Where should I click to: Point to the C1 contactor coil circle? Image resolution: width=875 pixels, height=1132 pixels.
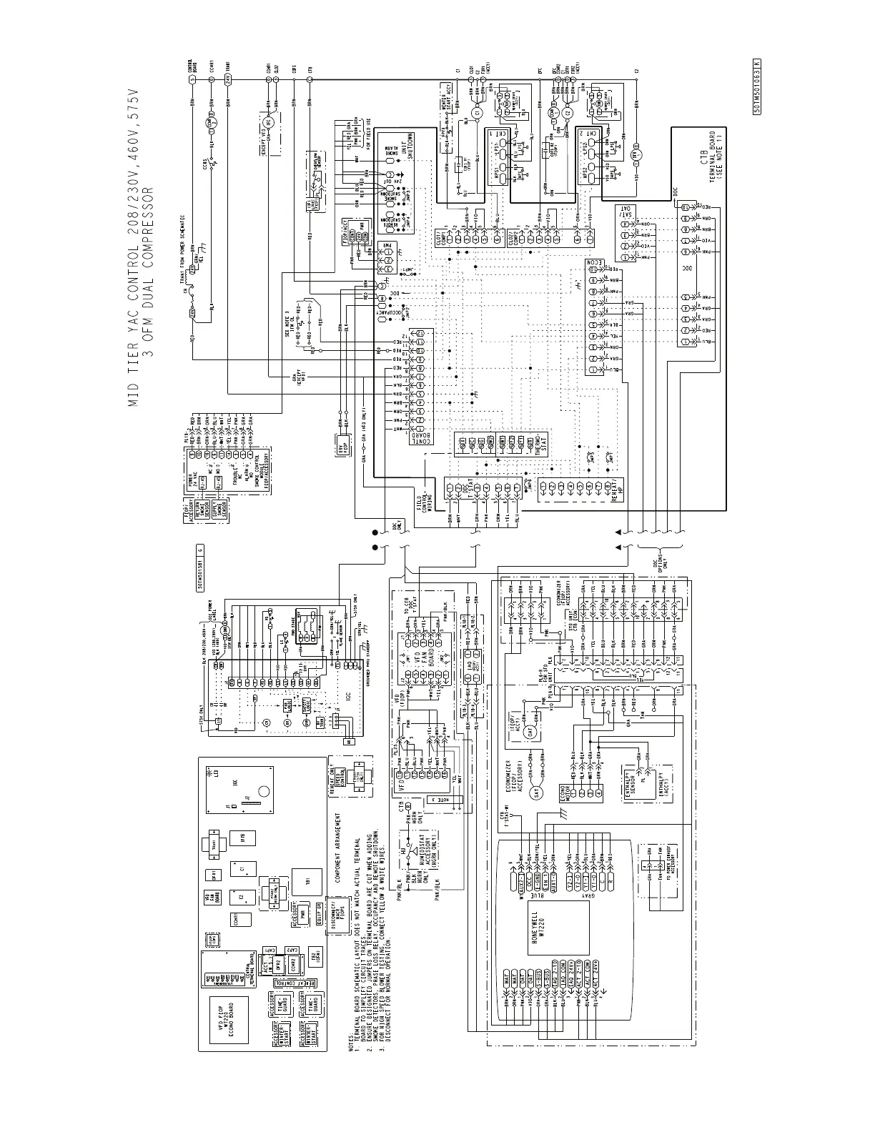[480, 112]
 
